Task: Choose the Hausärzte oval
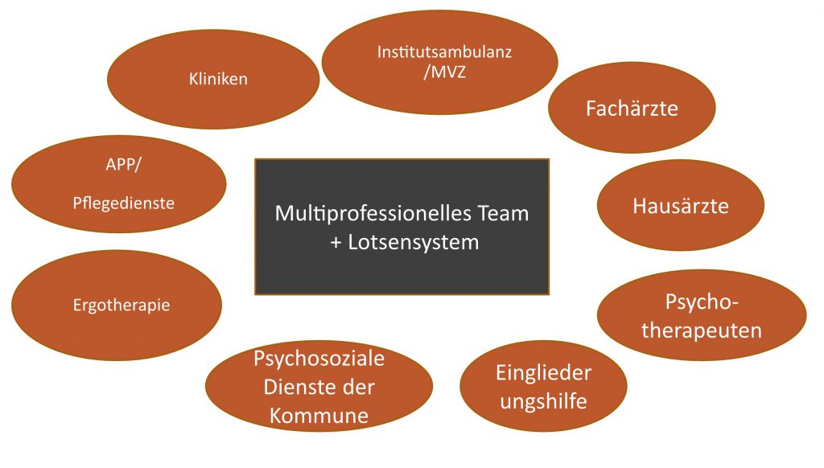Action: (680, 206)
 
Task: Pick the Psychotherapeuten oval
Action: (702, 315)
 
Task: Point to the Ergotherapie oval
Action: (117, 306)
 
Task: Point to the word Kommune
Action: (319, 416)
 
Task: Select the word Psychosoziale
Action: (319, 359)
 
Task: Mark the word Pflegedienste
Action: (122, 203)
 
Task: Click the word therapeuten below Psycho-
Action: (702, 330)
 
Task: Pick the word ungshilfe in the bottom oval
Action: (543, 400)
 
